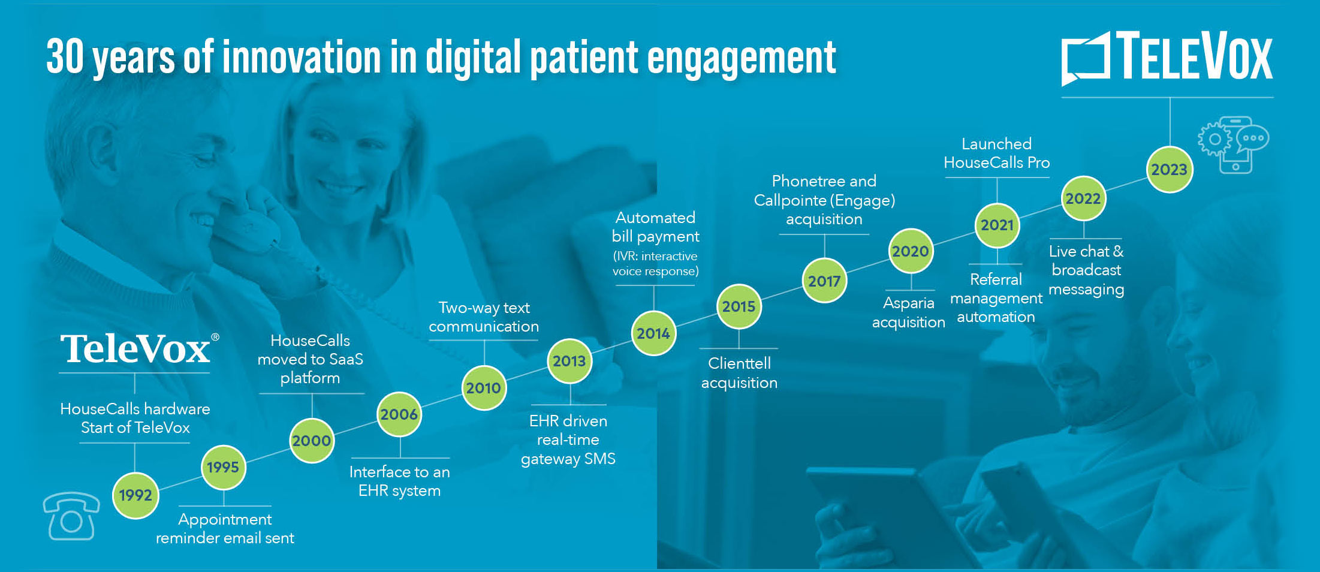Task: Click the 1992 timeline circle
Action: tap(135, 495)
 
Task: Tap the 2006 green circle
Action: tap(399, 414)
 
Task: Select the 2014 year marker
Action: tap(653, 333)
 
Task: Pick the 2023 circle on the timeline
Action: tap(1170, 170)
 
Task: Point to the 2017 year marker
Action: tap(824, 281)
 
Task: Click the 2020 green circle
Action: tap(911, 251)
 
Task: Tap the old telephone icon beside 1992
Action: tap(71, 516)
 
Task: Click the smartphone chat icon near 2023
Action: tap(1234, 144)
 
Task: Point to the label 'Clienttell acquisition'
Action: tap(739, 373)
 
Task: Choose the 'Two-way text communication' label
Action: tap(484, 317)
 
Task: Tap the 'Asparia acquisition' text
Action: tap(909, 312)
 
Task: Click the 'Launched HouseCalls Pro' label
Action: tap(997, 153)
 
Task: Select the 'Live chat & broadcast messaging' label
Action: tap(1086, 270)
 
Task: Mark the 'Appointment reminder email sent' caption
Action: tap(225, 528)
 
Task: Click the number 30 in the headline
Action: tap(65, 57)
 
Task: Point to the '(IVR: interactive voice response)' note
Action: tap(656, 263)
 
